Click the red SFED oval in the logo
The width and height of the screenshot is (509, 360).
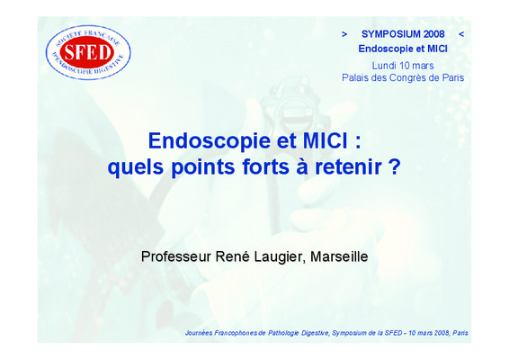point(87,52)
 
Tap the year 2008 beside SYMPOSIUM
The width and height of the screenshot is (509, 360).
point(434,34)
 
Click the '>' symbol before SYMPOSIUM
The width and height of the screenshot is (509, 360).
point(344,34)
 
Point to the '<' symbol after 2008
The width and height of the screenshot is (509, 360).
point(461,34)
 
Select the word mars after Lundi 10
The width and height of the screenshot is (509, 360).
point(423,67)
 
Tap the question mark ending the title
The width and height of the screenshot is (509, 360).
point(395,167)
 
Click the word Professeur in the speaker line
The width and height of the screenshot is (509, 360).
point(176,256)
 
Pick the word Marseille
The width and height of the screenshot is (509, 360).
point(339,256)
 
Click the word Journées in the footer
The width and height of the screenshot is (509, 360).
point(199,333)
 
